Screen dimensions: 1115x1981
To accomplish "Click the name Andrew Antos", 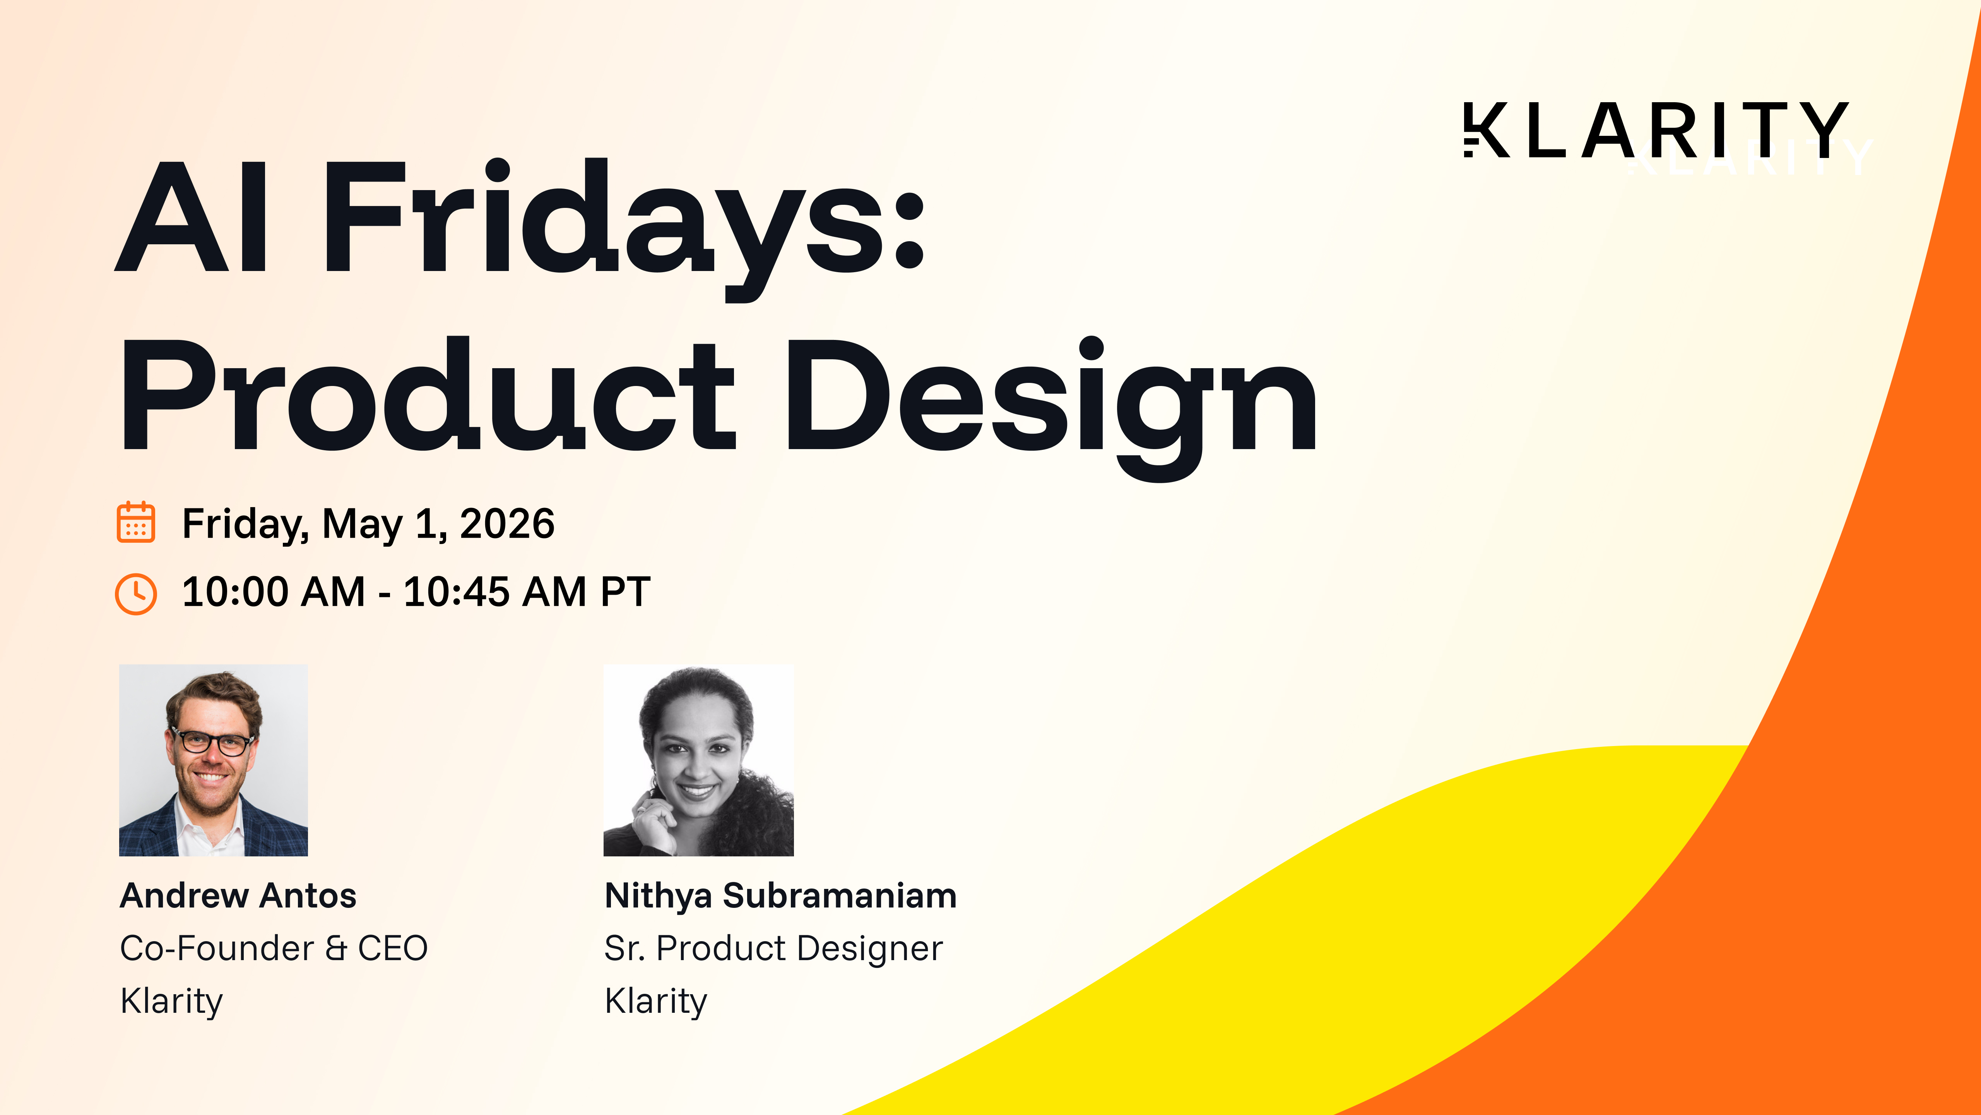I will pos(238,896).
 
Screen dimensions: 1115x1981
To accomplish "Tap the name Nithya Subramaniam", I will pos(780,896).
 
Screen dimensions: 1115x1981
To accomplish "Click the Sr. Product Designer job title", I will pos(773,948).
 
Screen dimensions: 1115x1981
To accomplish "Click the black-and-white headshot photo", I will pos(698,760).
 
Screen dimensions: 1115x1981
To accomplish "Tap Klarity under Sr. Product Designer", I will pos(655,1001).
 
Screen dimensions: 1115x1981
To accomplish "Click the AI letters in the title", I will pos(192,219).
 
